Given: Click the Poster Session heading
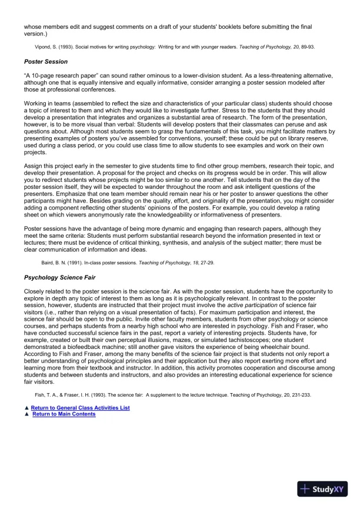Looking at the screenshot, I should (46, 61).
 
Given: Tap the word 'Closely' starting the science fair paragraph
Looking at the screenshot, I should (35, 291).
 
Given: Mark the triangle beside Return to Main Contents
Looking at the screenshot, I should (26, 414).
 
